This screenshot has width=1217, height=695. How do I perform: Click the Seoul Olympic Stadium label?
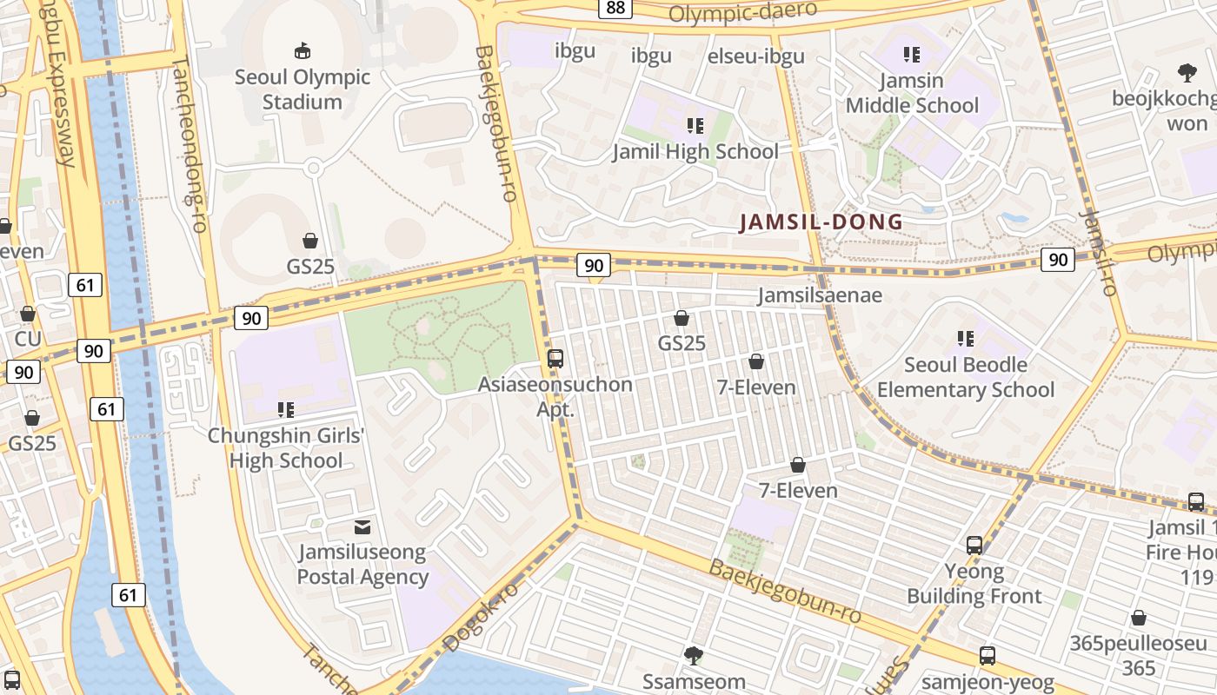(x=303, y=89)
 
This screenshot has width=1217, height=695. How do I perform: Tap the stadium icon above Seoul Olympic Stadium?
(x=303, y=51)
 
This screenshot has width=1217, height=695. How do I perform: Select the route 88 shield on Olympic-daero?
(x=615, y=8)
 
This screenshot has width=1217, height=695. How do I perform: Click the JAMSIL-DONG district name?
(x=821, y=222)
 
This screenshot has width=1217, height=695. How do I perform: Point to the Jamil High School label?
(x=695, y=152)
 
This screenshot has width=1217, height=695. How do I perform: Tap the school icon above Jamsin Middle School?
(x=912, y=56)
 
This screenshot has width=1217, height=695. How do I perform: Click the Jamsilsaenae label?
(x=820, y=295)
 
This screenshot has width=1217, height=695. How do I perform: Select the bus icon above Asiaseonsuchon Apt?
(x=555, y=358)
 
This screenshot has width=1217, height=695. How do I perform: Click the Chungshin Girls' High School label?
(x=286, y=447)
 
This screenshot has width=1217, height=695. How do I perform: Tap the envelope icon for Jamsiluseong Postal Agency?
(x=362, y=526)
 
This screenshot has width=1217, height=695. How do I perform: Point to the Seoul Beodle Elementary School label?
(x=965, y=377)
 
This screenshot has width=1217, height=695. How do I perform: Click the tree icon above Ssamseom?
(x=693, y=655)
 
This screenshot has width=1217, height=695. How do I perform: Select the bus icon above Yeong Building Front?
(x=974, y=546)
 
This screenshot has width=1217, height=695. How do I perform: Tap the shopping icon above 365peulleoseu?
(x=1138, y=618)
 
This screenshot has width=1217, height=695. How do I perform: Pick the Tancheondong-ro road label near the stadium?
(x=190, y=144)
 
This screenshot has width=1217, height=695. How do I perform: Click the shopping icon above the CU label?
(x=28, y=314)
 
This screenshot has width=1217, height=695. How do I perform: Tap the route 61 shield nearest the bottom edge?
(x=128, y=595)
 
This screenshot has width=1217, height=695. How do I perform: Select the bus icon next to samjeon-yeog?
(x=988, y=656)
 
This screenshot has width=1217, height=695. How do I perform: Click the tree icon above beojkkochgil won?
(x=1187, y=72)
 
